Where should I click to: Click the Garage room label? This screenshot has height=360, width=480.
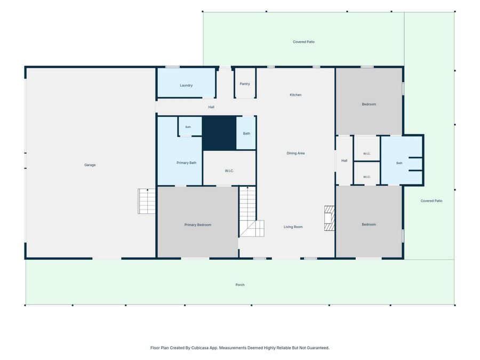click(x=90, y=165)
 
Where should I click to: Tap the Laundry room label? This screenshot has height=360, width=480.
click(x=186, y=85)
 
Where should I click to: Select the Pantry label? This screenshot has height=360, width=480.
click(x=245, y=84)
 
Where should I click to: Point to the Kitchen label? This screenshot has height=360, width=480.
click(x=295, y=95)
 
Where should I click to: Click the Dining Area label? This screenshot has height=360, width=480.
click(x=295, y=154)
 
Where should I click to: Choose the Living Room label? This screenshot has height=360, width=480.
click(x=293, y=227)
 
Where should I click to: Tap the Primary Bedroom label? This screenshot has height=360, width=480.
click(x=198, y=225)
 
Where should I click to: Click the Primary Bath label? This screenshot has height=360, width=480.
click(x=187, y=163)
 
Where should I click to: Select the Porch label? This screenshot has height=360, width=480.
click(x=240, y=285)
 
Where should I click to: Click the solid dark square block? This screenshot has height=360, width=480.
click(x=219, y=133)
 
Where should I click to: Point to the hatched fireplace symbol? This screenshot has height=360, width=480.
click(x=330, y=218)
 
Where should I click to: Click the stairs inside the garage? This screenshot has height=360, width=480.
click(x=147, y=201)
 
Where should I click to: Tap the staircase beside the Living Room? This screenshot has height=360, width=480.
click(x=250, y=212)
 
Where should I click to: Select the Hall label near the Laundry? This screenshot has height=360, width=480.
click(x=211, y=107)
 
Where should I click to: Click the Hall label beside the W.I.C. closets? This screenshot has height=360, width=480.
click(x=345, y=161)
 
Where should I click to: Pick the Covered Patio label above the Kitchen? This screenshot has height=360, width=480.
click(x=303, y=42)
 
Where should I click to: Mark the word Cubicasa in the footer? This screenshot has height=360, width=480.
click(x=199, y=348)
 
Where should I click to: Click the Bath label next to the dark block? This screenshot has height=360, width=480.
click(x=246, y=133)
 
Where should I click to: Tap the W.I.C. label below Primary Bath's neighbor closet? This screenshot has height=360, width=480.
click(x=229, y=171)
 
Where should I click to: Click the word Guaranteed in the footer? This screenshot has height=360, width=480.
click(x=319, y=348)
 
